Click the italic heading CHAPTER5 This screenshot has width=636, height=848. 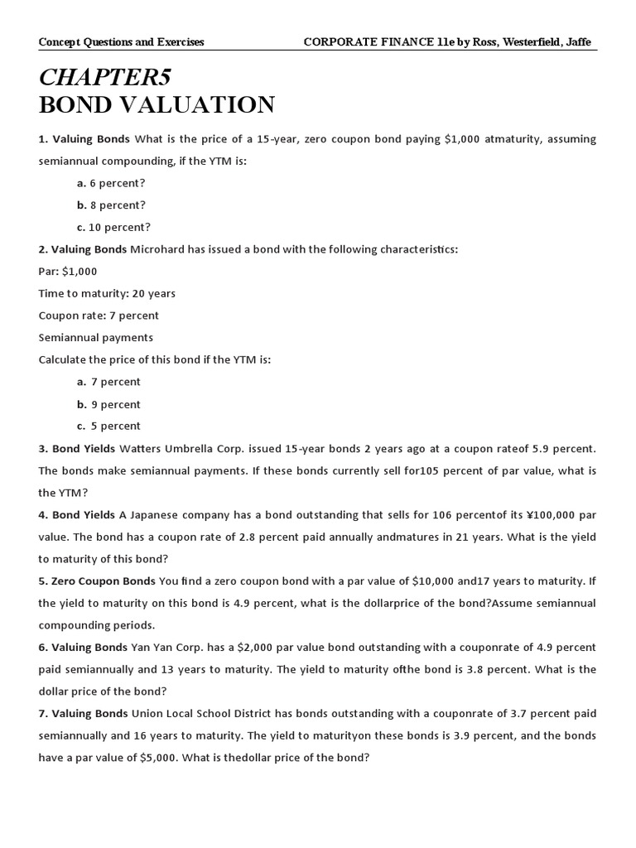click(104, 78)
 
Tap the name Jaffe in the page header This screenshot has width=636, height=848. click(576, 42)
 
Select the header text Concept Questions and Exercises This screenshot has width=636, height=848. click(121, 42)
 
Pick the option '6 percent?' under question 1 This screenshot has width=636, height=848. click(117, 183)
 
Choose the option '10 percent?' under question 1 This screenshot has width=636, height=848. click(120, 227)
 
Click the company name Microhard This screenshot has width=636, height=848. click(156, 249)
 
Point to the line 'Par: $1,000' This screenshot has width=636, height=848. click(68, 272)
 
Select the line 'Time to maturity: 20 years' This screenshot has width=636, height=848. click(107, 293)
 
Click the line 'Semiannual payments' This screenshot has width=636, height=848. click(95, 337)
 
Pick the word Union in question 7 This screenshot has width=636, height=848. click(147, 713)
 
